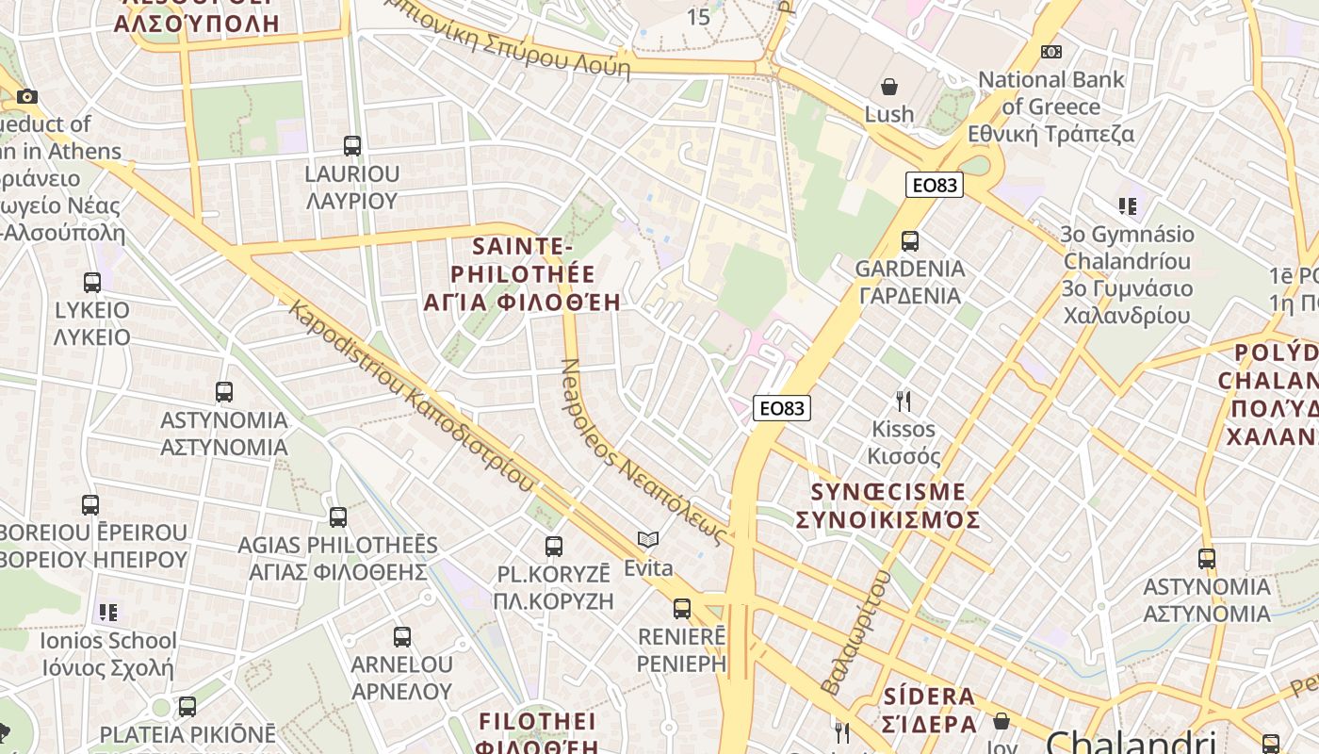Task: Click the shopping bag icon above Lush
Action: (x=888, y=88)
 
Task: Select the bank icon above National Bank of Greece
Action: (x=1051, y=52)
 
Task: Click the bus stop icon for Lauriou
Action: (x=352, y=146)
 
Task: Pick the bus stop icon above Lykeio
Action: (x=92, y=283)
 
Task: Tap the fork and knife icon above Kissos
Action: (x=904, y=402)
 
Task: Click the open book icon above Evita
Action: (x=647, y=540)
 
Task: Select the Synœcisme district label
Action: (x=888, y=506)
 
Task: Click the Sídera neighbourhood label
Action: (x=930, y=711)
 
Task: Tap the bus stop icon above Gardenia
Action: (x=909, y=241)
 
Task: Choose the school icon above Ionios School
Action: (x=108, y=613)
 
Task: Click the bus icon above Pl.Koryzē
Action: (x=554, y=547)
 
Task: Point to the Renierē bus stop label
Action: (x=681, y=649)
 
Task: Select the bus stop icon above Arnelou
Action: (x=402, y=637)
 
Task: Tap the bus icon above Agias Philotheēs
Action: (x=338, y=517)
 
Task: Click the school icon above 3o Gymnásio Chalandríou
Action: (x=1127, y=205)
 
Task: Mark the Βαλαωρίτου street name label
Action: (x=855, y=631)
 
